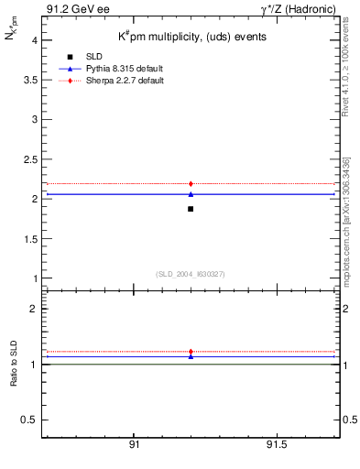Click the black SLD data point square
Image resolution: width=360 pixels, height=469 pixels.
[191, 209]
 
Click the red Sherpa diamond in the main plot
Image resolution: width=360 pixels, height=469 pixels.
[191, 184]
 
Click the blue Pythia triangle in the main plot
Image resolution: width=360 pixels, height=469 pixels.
[191, 194]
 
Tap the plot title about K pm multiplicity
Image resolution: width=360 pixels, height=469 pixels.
[192, 38]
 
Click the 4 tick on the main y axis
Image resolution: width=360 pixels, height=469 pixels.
[33, 40]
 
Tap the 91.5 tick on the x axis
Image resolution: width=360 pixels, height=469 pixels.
[276, 444]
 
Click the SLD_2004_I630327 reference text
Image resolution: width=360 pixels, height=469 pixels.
[191, 274]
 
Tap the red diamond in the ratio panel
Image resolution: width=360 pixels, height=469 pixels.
[191, 352]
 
